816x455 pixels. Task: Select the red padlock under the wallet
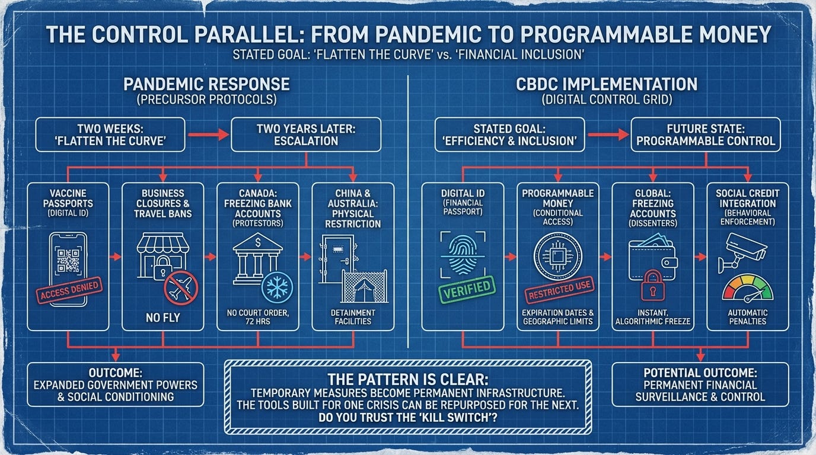pyautogui.click(x=653, y=284)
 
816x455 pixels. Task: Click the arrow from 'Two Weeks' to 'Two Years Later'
pyautogui.click(x=208, y=134)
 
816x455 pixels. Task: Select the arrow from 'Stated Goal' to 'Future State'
pyautogui.click(x=607, y=134)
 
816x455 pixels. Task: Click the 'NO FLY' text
pyautogui.click(x=162, y=318)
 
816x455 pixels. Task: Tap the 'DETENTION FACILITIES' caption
pyautogui.click(x=352, y=317)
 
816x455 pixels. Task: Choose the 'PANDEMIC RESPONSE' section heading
pyautogui.click(x=206, y=84)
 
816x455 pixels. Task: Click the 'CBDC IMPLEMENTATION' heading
pyautogui.click(x=607, y=84)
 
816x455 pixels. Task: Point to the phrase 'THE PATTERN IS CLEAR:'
pyautogui.click(x=408, y=379)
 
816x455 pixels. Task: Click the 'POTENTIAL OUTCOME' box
pyautogui.click(x=700, y=384)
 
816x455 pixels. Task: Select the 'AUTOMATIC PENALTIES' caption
pyautogui.click(x=747, y=317)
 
